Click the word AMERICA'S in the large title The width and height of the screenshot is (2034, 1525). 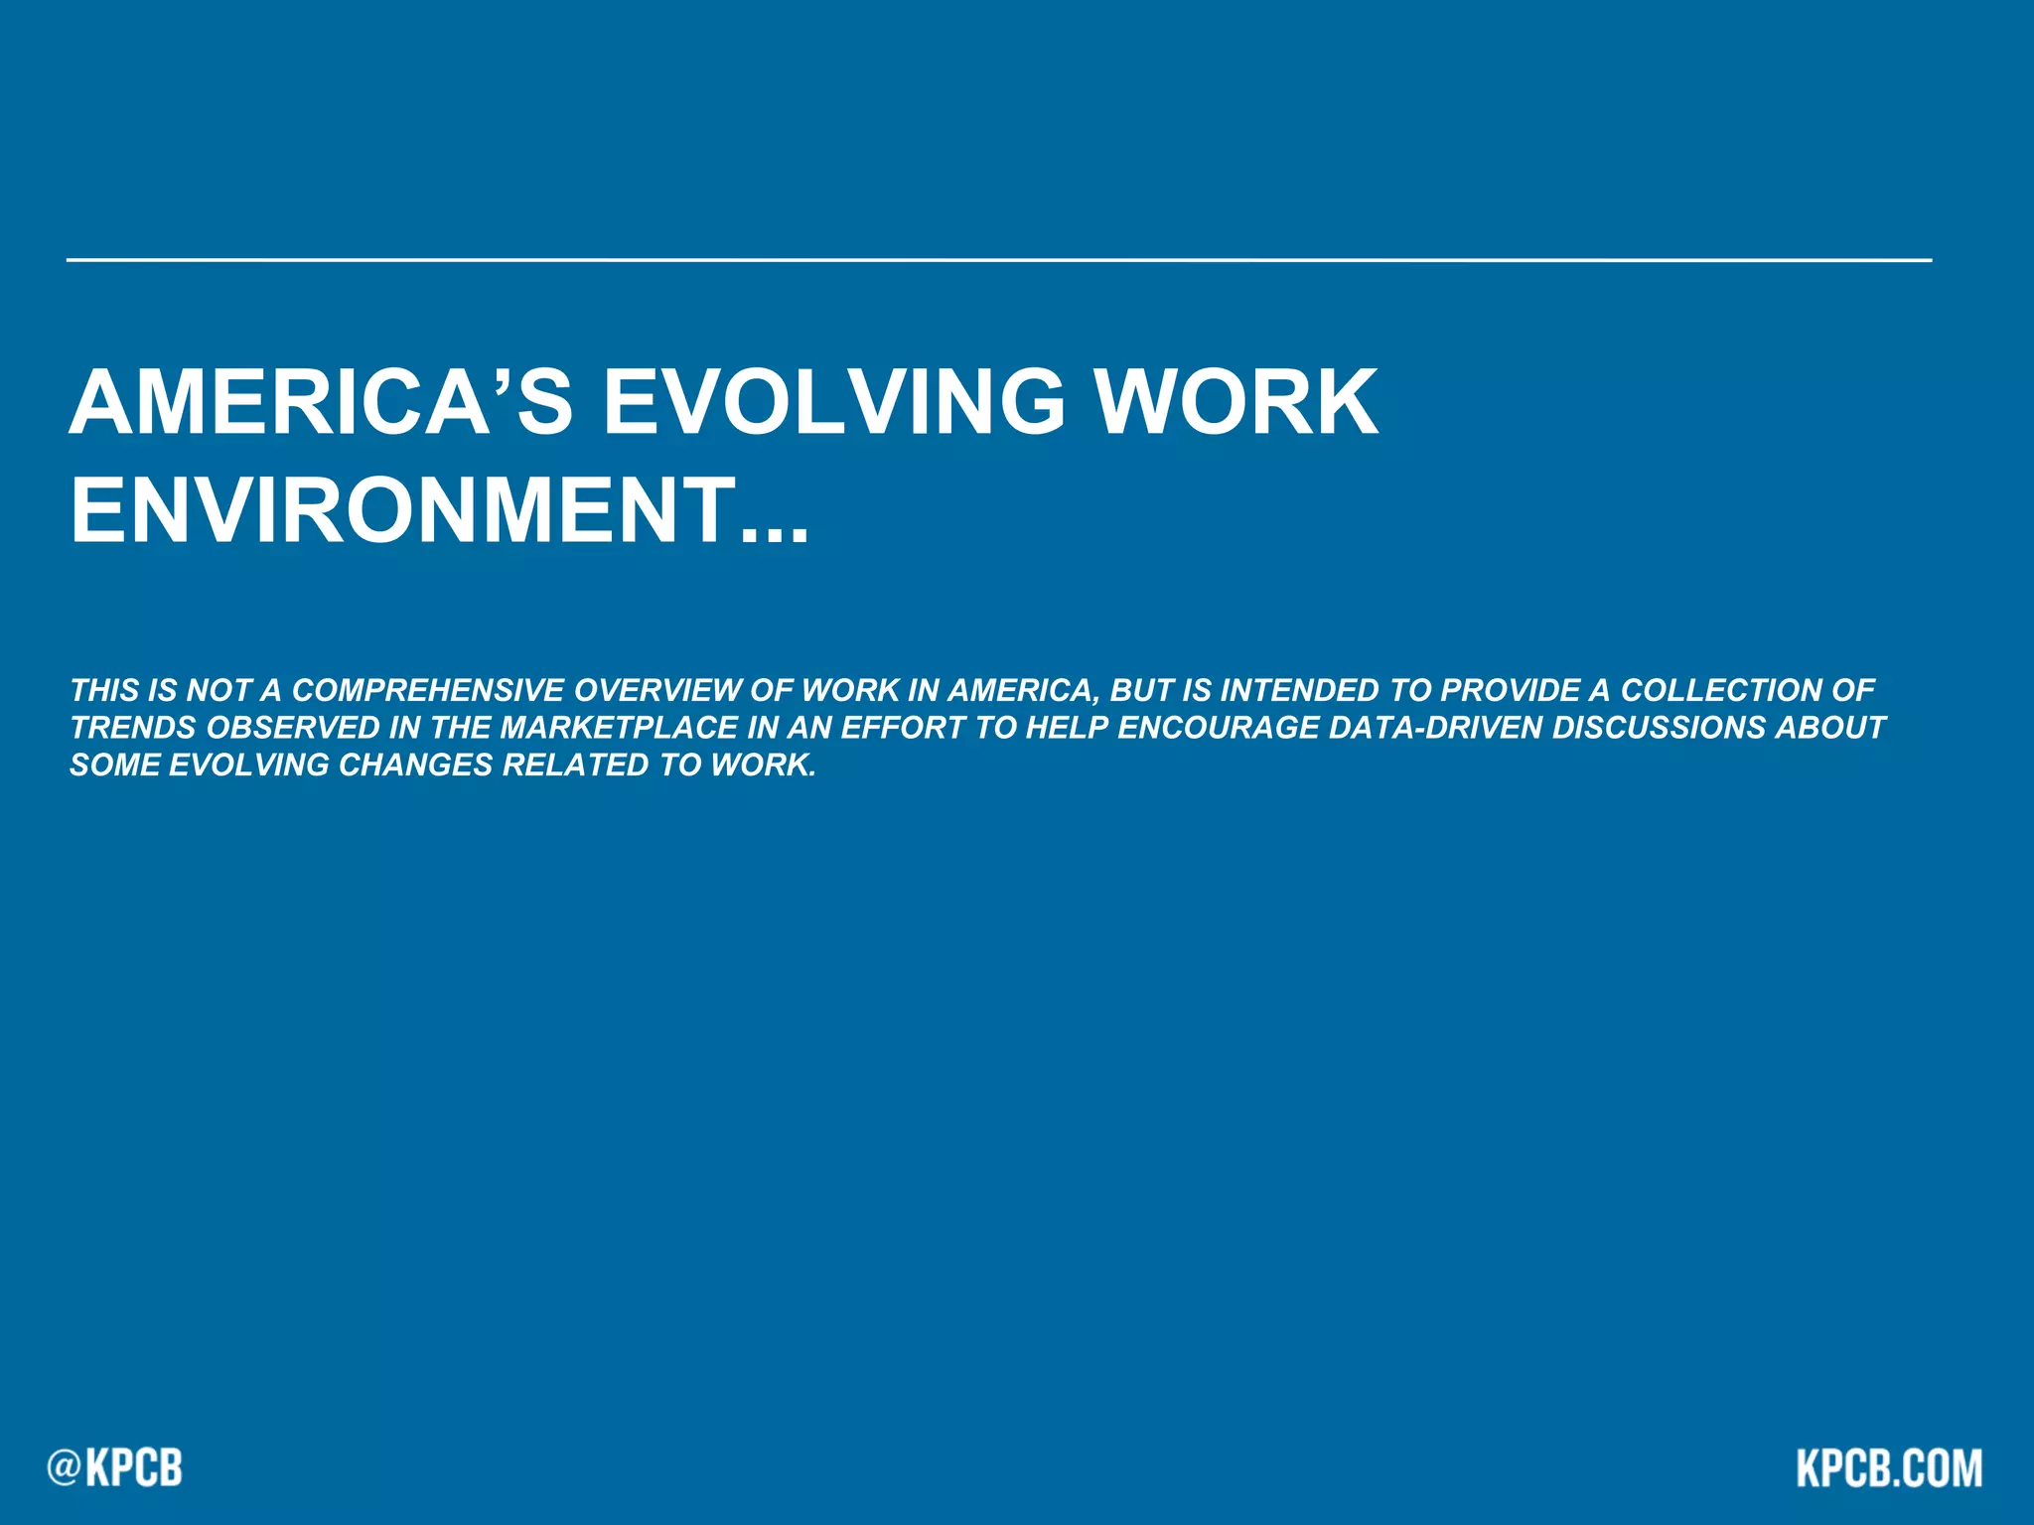click(320, 402)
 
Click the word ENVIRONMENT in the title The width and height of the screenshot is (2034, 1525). click(403, 510)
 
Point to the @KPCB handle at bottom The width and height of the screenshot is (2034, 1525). click(115, 1467)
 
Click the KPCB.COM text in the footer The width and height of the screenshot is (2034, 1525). click(1889, 1467)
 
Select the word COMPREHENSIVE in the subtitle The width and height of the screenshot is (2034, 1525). click(428, 690)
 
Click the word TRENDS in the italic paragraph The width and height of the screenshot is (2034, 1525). click(133, 728)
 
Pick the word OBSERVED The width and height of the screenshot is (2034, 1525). click(293, 728)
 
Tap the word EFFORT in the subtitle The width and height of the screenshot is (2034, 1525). click(903, 728)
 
